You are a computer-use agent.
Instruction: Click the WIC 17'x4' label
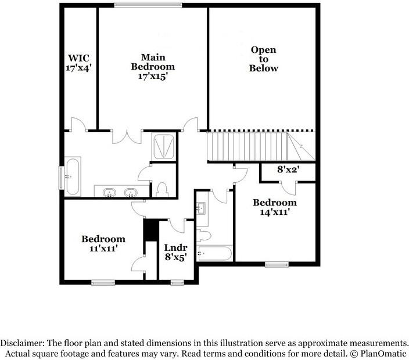[x=79, y=63]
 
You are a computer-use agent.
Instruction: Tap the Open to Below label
[x=263, y=59]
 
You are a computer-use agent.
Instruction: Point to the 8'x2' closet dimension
[x=288, y=171]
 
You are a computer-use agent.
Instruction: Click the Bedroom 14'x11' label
[x=274, y=207]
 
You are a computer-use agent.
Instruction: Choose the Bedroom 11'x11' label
[x=103, y=243]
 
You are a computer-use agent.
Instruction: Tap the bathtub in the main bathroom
[x=73, y=175]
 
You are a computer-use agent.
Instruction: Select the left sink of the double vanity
[x=109, y=192]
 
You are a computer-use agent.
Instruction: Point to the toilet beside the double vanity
[x=162, y=189]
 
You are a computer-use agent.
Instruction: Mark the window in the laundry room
[x=177, y=283]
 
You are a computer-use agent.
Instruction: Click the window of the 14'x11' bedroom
[x=277, y=265]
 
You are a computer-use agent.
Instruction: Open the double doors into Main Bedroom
[x=127, y=136]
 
